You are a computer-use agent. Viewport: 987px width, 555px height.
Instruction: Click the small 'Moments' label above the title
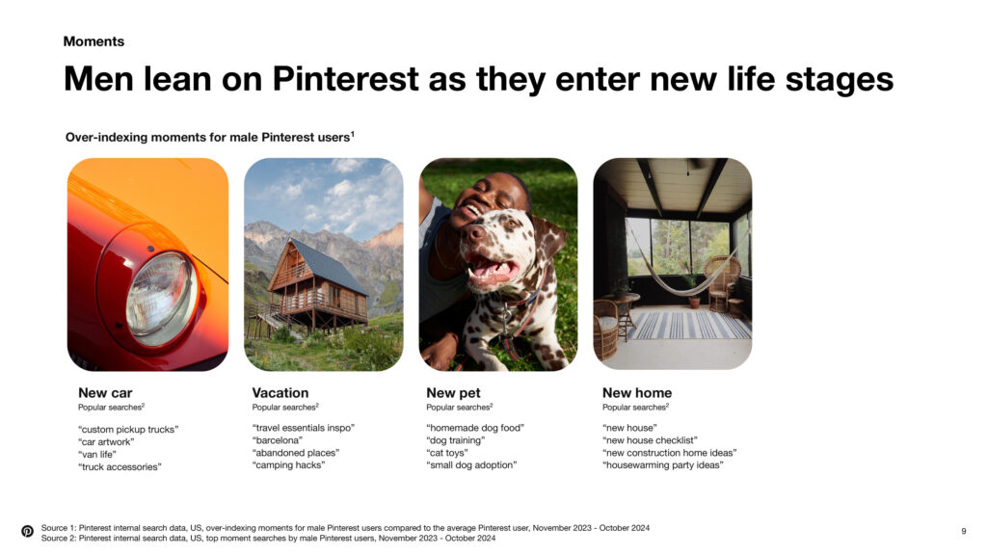pos(93,41)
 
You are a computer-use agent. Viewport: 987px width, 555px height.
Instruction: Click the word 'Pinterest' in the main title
pos(346,79)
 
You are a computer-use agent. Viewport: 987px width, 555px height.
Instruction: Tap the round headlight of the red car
pos(161,298)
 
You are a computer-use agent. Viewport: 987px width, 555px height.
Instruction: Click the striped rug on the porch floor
pos(689,325)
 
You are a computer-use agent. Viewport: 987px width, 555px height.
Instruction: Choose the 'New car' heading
pos(105,393)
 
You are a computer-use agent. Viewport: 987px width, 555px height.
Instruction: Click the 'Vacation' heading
pos(280,393)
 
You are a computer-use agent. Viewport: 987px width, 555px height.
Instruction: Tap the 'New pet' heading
pos(453,393)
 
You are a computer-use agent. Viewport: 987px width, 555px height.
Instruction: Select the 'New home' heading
pos(637,393)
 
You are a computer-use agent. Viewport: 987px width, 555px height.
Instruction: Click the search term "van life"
pos(97,455)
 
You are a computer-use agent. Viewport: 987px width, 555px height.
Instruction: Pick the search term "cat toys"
pos(447,453)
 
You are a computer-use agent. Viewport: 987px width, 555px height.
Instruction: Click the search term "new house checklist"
pos(650,439)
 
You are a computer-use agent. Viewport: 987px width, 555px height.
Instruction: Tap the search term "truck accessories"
pos(120,467)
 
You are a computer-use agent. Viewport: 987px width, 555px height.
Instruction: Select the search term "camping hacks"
pos(288,465)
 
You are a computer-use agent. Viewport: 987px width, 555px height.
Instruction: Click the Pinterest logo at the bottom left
pos(27,531)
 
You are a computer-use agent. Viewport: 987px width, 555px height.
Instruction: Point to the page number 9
pos(964,531)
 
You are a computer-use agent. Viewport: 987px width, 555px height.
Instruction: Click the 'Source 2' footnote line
pos(268,538)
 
